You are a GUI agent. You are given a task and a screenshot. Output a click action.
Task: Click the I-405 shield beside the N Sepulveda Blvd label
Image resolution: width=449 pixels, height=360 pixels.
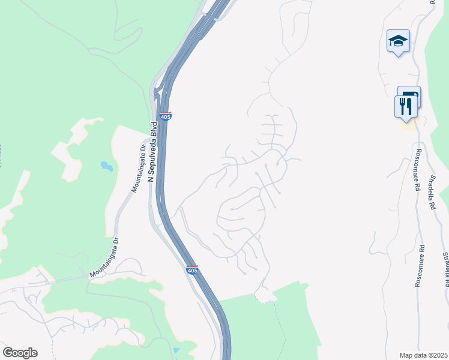coord(166,116)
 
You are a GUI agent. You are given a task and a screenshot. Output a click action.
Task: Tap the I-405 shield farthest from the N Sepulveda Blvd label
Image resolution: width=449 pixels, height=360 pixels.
coord(191,271)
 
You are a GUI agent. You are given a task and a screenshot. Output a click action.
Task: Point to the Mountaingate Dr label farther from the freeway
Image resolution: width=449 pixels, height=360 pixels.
coord(104,258)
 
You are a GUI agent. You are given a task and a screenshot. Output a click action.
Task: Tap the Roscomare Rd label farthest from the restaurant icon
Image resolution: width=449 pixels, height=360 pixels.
coord(420,265)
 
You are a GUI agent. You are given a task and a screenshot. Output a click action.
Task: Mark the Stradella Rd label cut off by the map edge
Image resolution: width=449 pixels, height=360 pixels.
coord(445,269)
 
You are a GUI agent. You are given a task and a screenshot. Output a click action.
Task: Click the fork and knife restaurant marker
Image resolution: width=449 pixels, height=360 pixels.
coord(406,106)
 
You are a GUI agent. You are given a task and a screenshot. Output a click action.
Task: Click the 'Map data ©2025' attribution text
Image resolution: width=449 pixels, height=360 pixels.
coord(423,355)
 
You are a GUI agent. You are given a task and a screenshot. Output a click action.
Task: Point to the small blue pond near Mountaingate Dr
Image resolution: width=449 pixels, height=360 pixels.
coord(106,166)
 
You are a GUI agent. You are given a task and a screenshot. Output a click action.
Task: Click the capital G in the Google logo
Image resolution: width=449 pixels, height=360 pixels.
coord(8,352)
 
